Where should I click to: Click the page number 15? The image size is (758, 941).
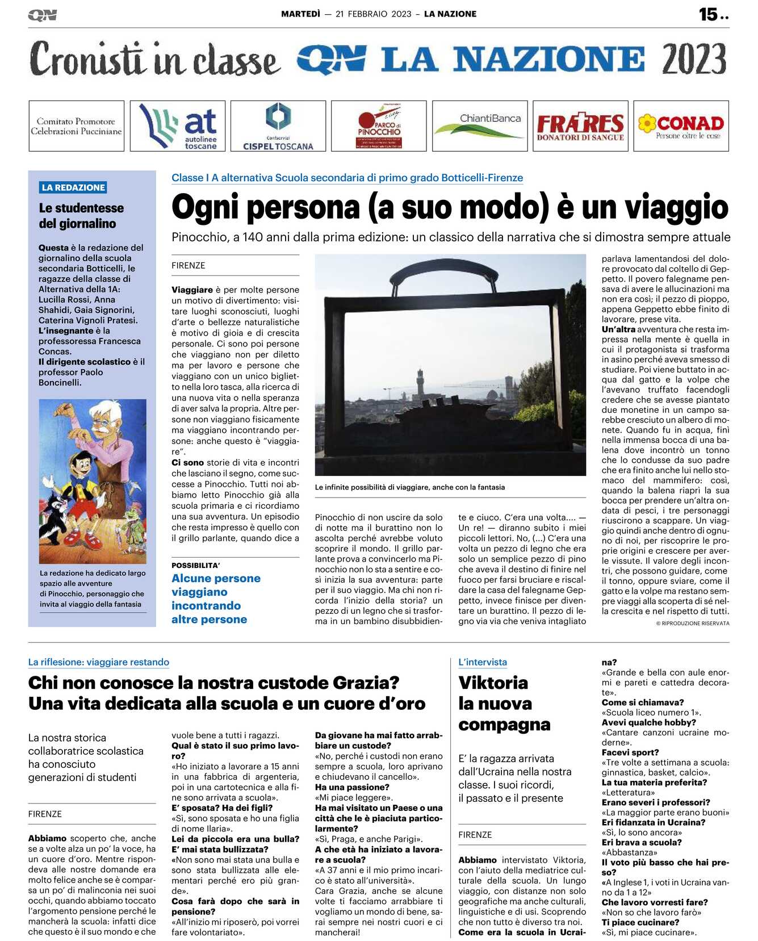point(709,14)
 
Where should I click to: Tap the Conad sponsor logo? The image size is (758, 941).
point(681,126)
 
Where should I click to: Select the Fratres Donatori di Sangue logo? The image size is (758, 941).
point(580,126)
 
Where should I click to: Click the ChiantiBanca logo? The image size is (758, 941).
point(480,126)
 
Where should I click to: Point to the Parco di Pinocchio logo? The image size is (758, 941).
point(379,126)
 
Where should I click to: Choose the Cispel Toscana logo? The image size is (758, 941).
point(278,126)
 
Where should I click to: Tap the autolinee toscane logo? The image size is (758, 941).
point(178,126)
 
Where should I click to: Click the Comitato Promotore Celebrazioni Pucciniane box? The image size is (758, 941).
point(77,126)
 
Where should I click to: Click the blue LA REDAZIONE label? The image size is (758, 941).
point(73,187)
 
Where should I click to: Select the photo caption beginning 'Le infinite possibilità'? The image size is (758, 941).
point(409,487)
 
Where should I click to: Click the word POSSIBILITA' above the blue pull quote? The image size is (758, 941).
point(195,566)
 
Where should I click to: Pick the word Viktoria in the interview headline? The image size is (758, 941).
point(493,683)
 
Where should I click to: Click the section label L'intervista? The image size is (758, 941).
point(483,662)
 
